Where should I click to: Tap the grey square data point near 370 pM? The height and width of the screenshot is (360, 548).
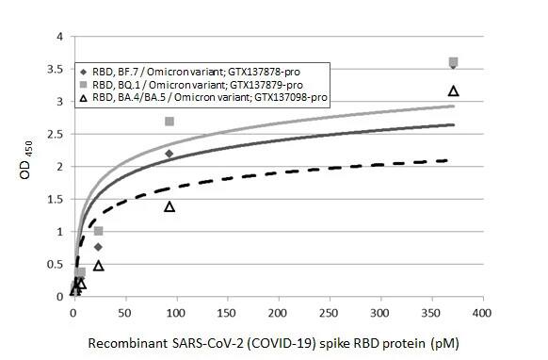coord(453,62)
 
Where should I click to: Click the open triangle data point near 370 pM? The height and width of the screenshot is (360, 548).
coord(453,90)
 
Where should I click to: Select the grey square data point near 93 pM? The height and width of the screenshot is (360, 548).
coord(169,122)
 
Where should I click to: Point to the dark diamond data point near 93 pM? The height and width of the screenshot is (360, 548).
coord(169,153)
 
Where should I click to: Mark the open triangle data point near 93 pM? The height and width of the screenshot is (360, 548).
coord(169,205)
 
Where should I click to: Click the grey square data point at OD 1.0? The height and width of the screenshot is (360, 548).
coord(98,231)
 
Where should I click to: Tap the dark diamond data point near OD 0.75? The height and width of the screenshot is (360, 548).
coord(98,247)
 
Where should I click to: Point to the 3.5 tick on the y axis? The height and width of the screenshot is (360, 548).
coord(61,69)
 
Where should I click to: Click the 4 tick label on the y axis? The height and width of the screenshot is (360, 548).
coord(61,37)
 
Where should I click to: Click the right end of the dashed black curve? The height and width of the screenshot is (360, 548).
coord(445,160)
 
